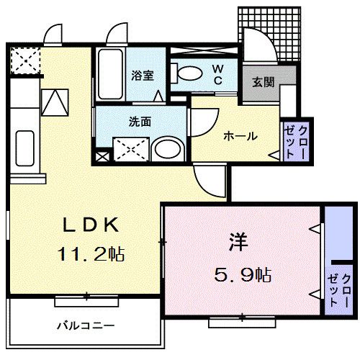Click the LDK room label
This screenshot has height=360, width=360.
(91, 225)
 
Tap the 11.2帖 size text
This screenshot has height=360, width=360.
(91, 254)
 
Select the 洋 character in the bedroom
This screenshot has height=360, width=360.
(238, 242)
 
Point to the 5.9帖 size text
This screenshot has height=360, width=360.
(243, 274)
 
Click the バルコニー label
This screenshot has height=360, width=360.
(86, 325)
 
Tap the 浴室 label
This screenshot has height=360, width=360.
(143, 76)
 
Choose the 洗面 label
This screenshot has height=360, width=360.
(140, 122)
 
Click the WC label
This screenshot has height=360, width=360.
(218, 75)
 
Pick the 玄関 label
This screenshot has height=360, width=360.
(264, 83)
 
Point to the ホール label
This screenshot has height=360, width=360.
(240, 136)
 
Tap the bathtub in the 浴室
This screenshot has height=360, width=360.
(110, 74)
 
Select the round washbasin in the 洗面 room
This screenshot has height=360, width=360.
(168, 149)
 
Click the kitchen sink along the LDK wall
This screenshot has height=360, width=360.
(24, 148)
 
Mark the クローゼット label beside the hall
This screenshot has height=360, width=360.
(295, 142)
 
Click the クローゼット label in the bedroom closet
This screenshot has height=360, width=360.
(339, 290)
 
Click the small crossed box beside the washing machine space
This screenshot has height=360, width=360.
(102, 157)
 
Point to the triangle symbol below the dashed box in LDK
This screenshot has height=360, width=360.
(55, 102)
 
